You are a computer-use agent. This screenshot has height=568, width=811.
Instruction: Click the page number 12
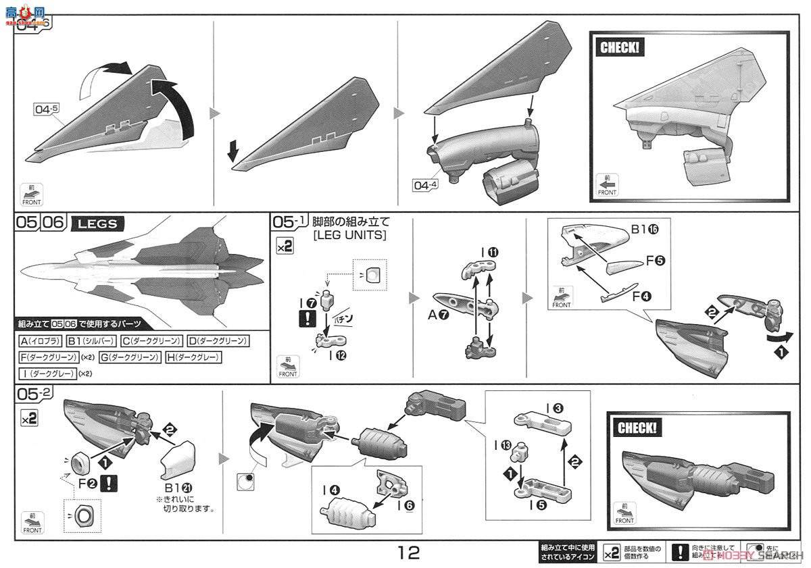click(408, 553)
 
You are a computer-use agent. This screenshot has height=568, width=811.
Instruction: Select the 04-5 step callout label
click(47, 107)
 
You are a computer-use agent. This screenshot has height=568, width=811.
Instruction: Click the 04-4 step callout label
click(427, 183)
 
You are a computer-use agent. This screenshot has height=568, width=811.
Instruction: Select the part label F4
click(642, 294)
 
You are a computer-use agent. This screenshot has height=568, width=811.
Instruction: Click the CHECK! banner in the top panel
click(619, 47)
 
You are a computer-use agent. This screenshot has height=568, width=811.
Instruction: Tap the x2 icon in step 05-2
click(29, 419)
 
